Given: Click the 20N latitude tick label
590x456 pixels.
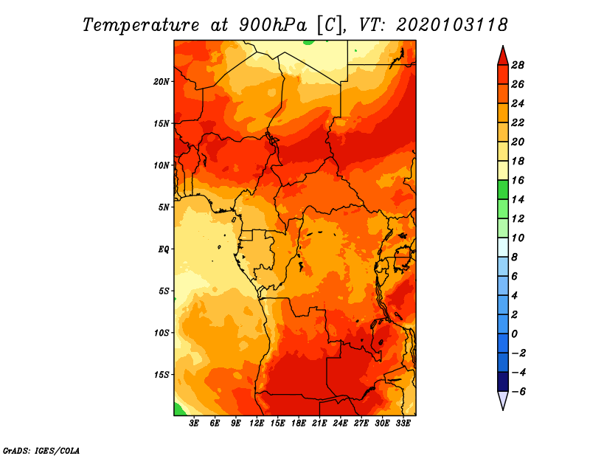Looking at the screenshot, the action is point(161,82).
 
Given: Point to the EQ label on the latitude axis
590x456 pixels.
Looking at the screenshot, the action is point(163,249).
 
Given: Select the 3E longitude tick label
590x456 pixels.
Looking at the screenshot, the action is point(194,423).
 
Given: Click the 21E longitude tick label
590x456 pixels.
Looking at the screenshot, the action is point(319,423).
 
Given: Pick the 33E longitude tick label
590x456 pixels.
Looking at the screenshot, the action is point(403,423).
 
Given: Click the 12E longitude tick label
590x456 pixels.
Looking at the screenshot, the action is point(257,423).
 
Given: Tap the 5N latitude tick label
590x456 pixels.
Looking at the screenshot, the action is point(164,207).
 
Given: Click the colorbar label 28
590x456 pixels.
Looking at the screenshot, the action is point(518,65).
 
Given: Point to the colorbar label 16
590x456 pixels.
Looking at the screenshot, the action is point(518,180).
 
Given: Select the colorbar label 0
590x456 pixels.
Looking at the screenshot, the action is point(514,334).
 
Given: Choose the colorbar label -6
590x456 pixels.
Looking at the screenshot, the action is point(518,392).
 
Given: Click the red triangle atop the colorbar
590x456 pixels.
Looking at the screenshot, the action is point(503,58).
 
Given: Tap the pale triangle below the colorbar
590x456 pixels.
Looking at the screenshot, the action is point(503,399).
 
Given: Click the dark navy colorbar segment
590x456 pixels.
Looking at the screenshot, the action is point(503,381).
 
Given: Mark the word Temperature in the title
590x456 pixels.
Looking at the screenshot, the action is point(140,25).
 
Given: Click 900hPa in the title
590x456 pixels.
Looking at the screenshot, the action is point(273,25).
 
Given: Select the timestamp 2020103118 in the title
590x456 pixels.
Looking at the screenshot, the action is point(451,25).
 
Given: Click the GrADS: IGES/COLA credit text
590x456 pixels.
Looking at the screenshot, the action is point(41,450).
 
